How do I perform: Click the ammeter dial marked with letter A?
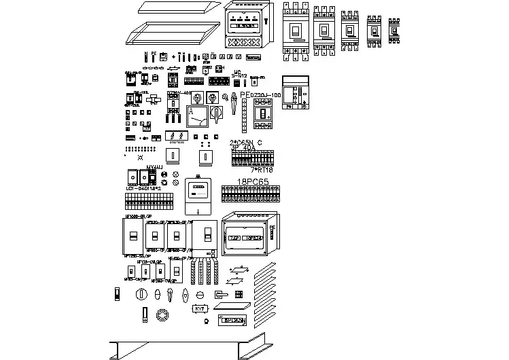tap(198, 116)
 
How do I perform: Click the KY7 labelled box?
tap(200, 309)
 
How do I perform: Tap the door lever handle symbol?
tap(222, 294)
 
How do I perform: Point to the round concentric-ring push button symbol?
tap(162, 315)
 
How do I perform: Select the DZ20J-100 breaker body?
tap(263, 113)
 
